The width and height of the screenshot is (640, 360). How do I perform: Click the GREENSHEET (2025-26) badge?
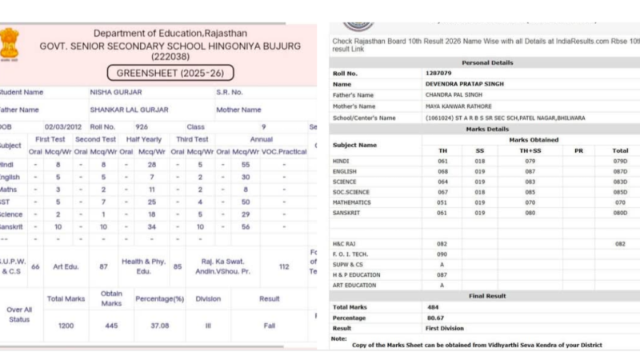(175, 73)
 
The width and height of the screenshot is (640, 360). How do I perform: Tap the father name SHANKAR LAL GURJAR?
(128, 110)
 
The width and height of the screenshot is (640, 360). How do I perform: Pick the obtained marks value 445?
(111, 326)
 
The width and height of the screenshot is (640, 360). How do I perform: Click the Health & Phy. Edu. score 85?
(177, 266)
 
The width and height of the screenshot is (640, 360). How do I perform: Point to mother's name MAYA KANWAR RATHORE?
(458, 106)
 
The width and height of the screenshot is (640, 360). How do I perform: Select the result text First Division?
(444, 329)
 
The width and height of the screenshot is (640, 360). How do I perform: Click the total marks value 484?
(434, 307)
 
